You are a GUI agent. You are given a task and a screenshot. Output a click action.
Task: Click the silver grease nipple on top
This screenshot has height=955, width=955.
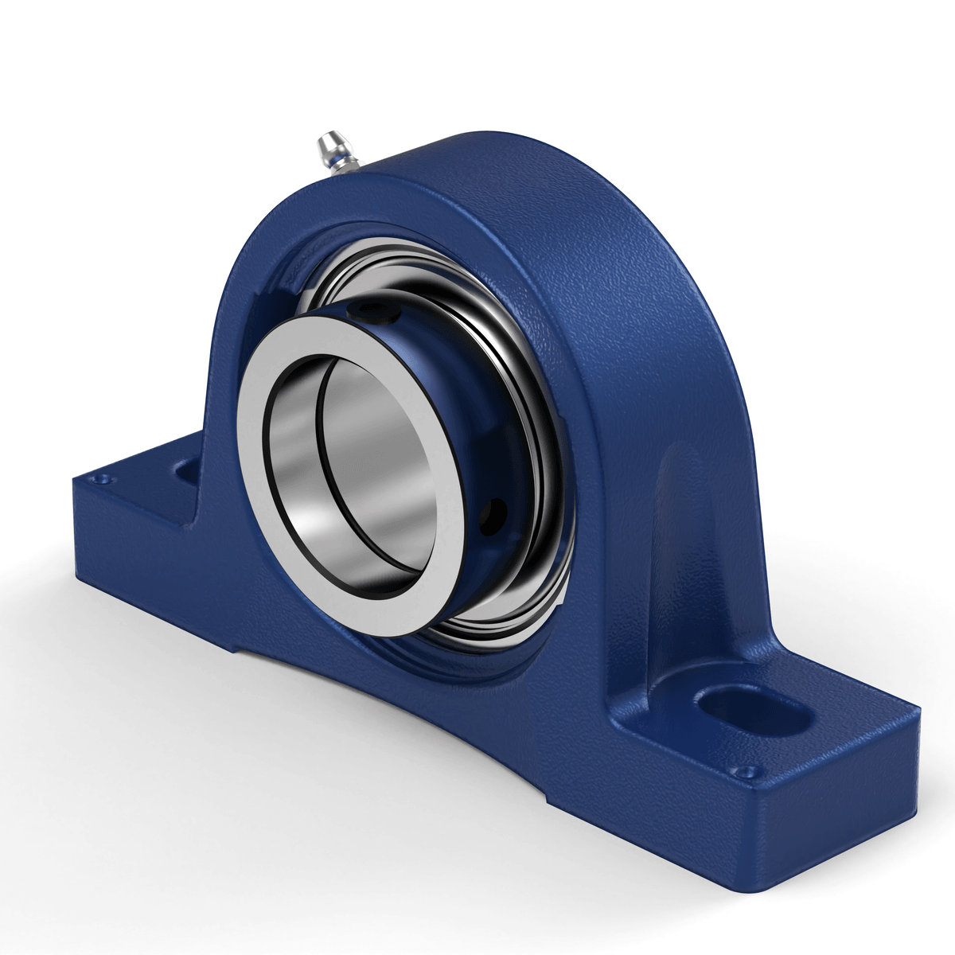click(329, 147)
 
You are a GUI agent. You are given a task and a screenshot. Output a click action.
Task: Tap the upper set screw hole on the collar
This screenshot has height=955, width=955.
click(372, 311)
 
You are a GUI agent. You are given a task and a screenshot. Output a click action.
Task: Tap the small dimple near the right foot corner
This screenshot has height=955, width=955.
click(746, 770)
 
